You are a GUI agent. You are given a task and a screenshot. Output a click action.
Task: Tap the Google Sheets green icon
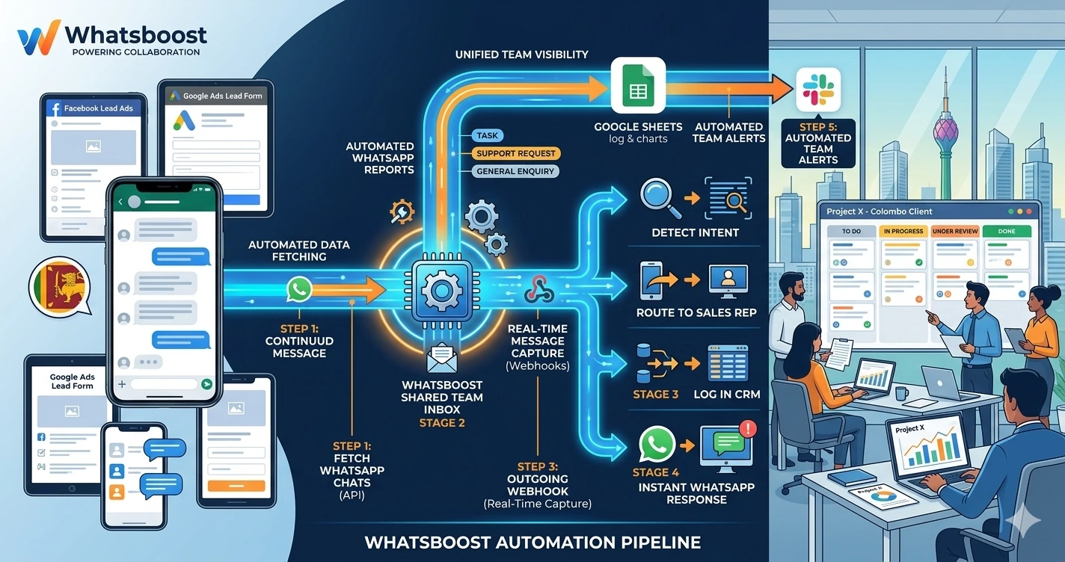(x=638, y=84)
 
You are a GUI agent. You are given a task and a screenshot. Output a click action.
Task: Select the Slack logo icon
(x=818, y=89)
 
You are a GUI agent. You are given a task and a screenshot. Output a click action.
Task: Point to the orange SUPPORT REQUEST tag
(x=515, y=153)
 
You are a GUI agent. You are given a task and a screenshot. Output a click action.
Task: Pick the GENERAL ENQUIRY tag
(x=515, y=171)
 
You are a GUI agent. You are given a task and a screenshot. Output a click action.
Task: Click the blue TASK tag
(x=487, y=136)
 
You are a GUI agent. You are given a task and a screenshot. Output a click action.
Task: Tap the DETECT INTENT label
(x=695, y=232)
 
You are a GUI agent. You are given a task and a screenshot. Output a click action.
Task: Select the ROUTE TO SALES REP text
(x=696, y=312)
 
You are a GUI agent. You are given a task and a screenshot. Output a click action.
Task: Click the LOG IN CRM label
(x=727, y=394)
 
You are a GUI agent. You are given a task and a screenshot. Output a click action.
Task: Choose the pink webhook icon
(x=538, y=288)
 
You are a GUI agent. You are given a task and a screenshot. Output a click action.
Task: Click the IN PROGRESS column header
(x=903, y=232)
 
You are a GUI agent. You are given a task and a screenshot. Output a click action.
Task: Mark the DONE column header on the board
(x=1006, y=232)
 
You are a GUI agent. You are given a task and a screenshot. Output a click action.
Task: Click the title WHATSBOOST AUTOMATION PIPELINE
(x=532, y=542)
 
